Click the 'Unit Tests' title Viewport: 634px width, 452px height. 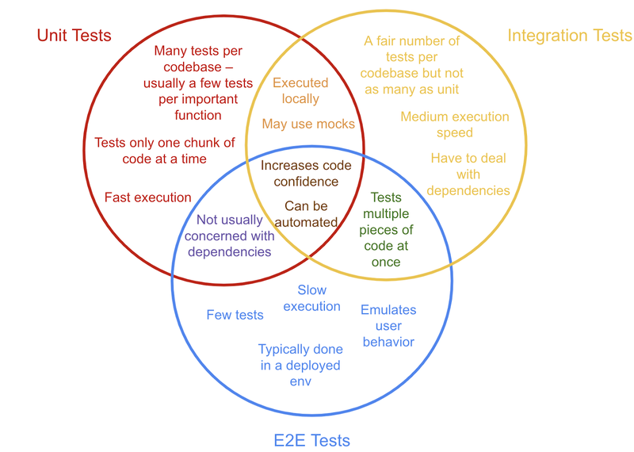point(74,36)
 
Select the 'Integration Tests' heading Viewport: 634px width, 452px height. point(570,36)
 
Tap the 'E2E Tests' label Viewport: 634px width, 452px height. point(311,441)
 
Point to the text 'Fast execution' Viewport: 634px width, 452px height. point(147,197)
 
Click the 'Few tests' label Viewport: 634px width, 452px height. point(235,315)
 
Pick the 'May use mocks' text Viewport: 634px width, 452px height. point(308,124)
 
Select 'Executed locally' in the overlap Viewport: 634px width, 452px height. point(300,90)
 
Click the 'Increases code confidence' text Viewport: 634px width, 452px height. point(306,173)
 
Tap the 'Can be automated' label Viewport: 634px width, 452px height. point(306,214)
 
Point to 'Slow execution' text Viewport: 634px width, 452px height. point(311,298)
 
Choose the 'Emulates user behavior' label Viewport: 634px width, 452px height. point(388,326)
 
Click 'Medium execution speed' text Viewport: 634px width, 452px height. point(455,124)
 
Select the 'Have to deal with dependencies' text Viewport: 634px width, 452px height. point(468,174)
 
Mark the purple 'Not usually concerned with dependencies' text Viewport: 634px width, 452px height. point(230,236)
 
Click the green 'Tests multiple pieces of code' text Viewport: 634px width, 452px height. point(386,229)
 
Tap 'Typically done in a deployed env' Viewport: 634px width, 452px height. point(300,365)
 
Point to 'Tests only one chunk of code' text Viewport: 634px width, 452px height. point(165,151)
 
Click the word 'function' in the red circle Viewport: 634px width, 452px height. point(198,115)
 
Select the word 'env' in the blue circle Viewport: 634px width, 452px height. point(300,381)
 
